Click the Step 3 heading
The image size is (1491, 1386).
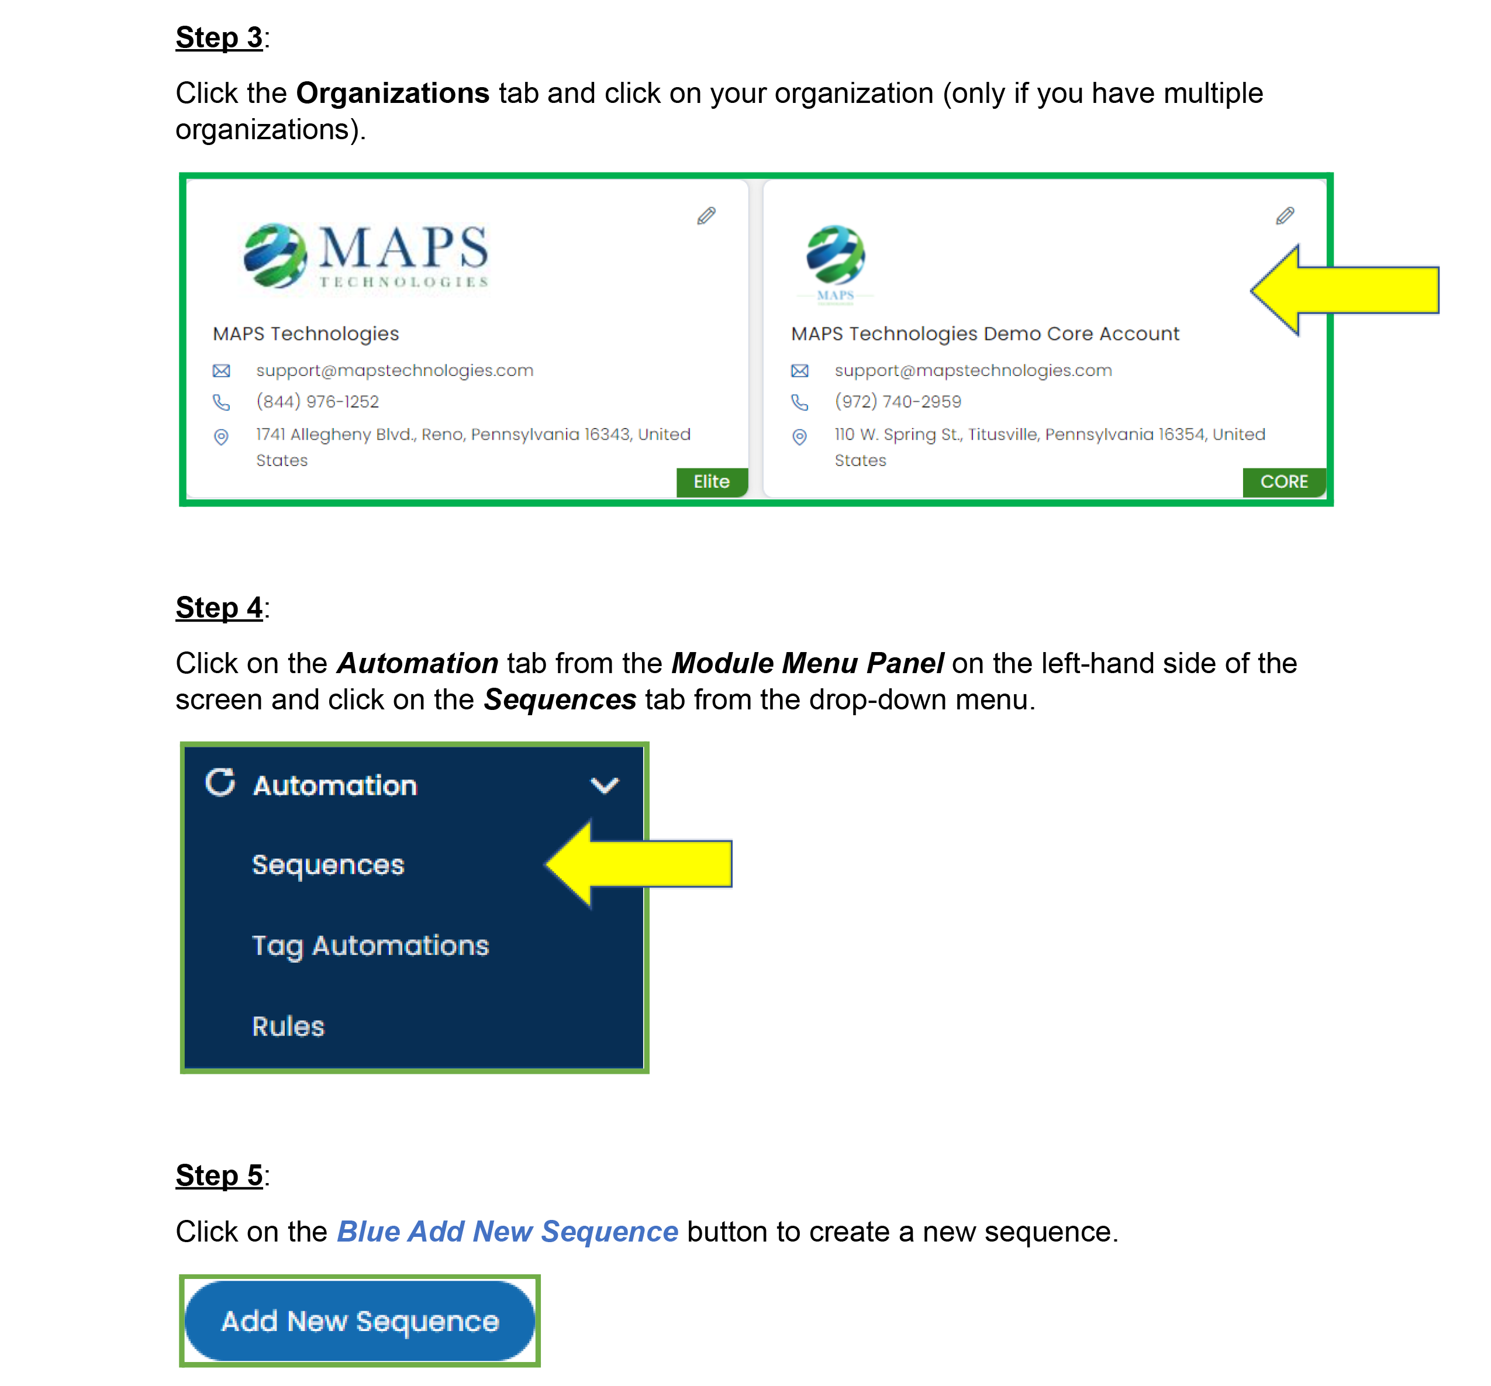pyautogui.click(x=219, y=37)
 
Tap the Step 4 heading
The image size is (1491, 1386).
pyautogui.click(x=219, y=607)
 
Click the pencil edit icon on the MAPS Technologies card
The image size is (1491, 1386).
pyautogui.click(x=706, y=216)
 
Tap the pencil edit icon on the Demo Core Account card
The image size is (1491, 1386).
pyautogui.click(x=1285, y=216)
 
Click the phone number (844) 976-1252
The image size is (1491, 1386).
pyautogui.click(x=317, y=402)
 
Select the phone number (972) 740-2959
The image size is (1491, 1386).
pyautogui.click(x=897, y=402)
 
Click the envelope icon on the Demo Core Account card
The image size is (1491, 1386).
pyautogui.click(x=799, y=371)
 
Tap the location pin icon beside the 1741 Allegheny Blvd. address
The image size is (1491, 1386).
pyautogui.click(x=221, y=436)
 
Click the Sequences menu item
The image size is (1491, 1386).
pyautogui.click(x=328, y=865)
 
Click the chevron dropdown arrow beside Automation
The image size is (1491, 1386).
pyautogui.click(x=604, y=785)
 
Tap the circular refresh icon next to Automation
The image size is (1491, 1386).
pyautogui.click(x=220, y=782)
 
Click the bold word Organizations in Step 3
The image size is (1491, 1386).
pyautogui.click(x=392, y=93)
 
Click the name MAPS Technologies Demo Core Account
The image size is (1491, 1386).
pyautogui.click(x=984, y=334)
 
